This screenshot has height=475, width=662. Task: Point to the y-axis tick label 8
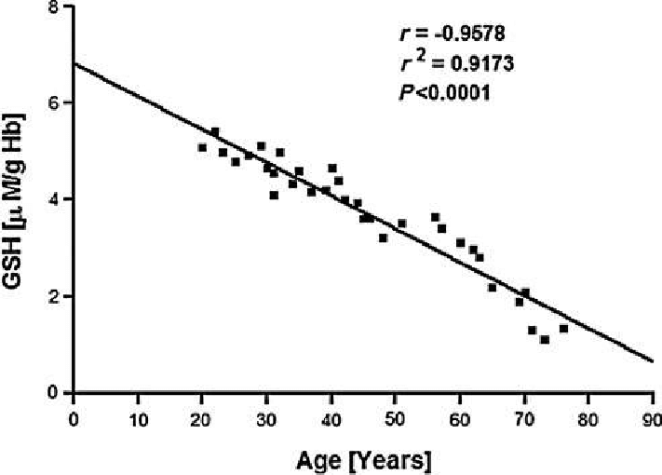pos(58,7)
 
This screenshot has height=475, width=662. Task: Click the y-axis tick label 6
pos(58,102)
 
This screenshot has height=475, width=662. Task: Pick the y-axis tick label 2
pos(58,296)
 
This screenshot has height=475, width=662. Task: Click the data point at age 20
pos(202,147)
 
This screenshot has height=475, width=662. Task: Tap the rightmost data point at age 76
pos(563,328)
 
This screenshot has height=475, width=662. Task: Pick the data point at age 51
pos(402,224)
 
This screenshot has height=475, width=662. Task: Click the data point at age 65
pos(493,287)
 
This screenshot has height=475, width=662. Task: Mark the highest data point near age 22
pos(215,131)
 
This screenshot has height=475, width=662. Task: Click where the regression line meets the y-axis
pos(74,63)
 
